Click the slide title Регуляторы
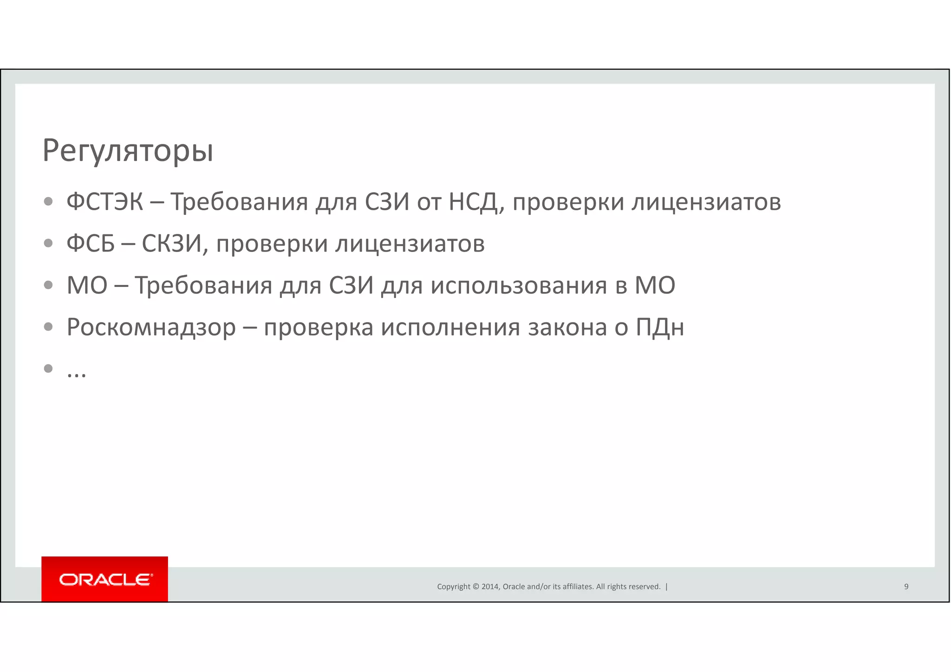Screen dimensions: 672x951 pyautogui.click(x=128, y=151)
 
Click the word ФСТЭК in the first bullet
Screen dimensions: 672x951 pyautogui.click(x=104, y=202)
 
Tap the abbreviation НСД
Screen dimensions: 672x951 pyautogui.click(x=475, y=202)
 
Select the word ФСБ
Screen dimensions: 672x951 pyautogui.click(x=91, y=244)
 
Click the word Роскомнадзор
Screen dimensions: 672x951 pyautogui.click(x=151, y=327)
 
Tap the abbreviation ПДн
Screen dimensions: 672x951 pyautogui.click(x=659, y=327)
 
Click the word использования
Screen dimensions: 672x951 pyautogui.click(x=518, y=285)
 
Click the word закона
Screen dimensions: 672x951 pyautogui.click(x=567, y=327)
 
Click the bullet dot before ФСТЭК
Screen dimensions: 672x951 pyautogui.click(x=48, y=201)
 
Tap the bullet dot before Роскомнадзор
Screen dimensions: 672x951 pyautogui.click(x=48, y=327)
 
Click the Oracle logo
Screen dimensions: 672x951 pyautogui.click(x=105, y=579)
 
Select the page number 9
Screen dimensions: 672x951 pyautogui.click(x=906, y=587)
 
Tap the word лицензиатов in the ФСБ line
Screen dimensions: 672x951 pyautogui.click(x=410, y=244)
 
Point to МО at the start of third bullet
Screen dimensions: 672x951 pyautogui.click(x=87, y=285)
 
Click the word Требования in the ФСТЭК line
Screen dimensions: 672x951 pyautogui.click(x=239, y=202)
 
